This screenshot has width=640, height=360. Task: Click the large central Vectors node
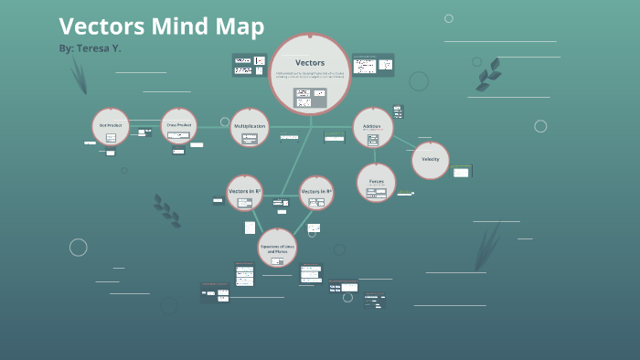[x=310, y=73]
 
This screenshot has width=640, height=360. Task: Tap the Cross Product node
[x=179, y=126]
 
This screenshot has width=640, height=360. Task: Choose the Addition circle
[x=373, y=128]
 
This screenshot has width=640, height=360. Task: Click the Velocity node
[x=431, y=161]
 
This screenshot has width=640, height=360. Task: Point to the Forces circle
[x=376, y=183]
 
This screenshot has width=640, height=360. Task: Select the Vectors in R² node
[x=244, y=192]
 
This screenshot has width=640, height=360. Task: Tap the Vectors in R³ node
[x=316, y=193]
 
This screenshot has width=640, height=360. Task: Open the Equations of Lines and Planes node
[x=277, y=248]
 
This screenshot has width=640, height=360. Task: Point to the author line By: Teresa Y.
[x=90, y=48]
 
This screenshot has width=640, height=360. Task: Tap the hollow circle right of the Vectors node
[x=419, y=81]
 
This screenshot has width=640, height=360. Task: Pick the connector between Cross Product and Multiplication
[x=213, y=127]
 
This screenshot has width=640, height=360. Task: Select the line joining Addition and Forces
[x=374, y=155]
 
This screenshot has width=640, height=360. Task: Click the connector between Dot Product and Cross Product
[x=144, y=127]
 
